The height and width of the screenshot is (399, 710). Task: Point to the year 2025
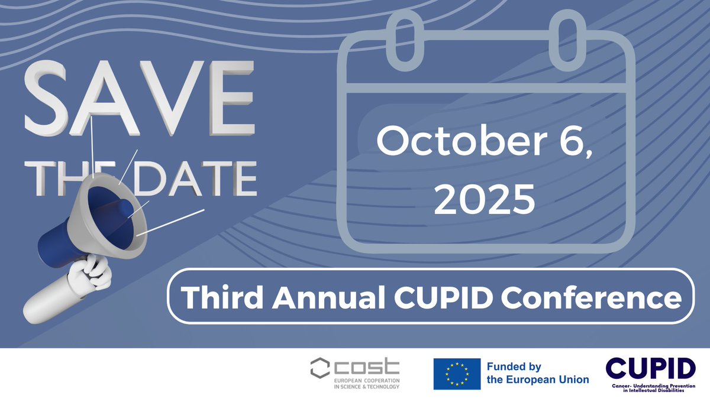485,199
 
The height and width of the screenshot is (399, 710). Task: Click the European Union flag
456,374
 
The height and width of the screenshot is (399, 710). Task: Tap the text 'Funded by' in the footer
514,367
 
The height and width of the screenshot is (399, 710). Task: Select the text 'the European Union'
537,379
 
